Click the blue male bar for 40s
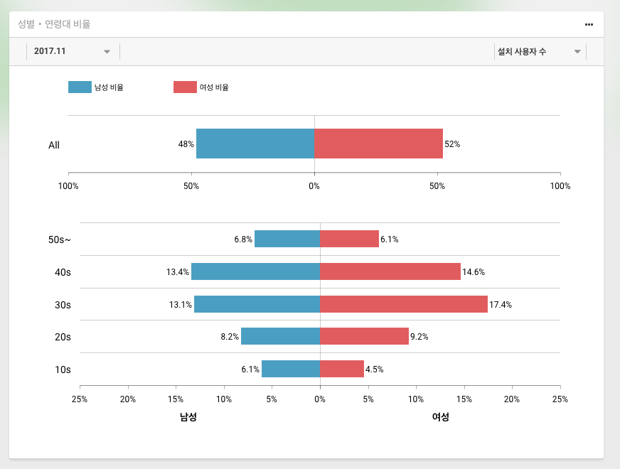tap(255, 271)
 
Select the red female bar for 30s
tap(403, 304)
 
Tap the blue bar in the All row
tap(255, 144)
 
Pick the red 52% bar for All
tap(378, 144)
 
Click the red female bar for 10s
tap(341, 369)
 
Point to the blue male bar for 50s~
tap(287, 239)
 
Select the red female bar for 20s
tap(364, 336)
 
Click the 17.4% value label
tap(501, 305)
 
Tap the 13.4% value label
tap(178, 272)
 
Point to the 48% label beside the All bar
tap(186, 144)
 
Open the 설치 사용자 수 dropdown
tap(539, 52)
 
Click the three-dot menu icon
tap(589, 24)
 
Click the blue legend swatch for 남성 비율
tap(80, 87)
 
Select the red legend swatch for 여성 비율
tap(185, 87)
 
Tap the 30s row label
tap(63, 305)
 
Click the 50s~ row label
tap(60, 239)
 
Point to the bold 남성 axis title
tap(188, 417)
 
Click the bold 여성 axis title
tap(441, 417)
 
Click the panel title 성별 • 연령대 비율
tap(54, 24)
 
